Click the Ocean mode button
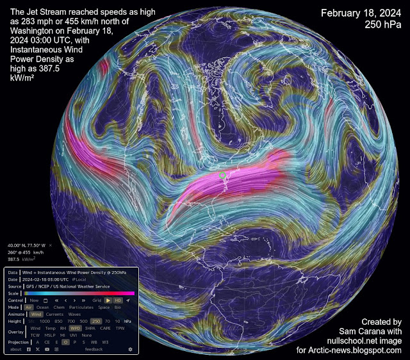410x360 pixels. coord(43,307)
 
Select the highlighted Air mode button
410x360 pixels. coord(28,307)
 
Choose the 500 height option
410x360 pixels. coord(84,321)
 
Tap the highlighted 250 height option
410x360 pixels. coord(96,321)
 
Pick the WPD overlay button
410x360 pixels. coord(76,328)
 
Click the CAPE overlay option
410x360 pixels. coord(105,328)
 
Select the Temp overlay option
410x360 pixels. coord(50,328)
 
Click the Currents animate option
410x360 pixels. coord(54,314)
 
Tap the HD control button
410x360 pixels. coord(117,300)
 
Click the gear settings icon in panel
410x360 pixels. coord(131,349)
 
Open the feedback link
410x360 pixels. coord(94,349)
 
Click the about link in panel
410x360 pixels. coord(16,349)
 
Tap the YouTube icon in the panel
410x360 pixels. coord(47,349)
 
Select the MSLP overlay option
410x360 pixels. coord(51,335)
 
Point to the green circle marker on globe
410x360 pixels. coord(223,174)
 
